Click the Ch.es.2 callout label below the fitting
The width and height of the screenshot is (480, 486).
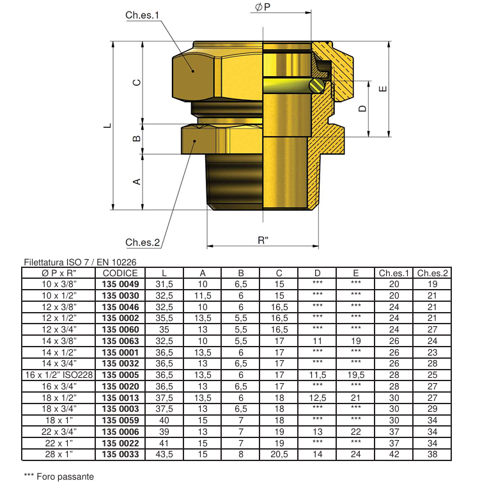pyautogui.click(x=141, y=242)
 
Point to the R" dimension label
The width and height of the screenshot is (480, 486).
pyautogui.click(x=263, y=240)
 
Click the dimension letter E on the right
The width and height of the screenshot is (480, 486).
pyautogui.click(x=382, y=89)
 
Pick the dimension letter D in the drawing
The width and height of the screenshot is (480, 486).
pyautogui.click(x=362, y=109)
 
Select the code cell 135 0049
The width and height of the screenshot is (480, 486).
pyautogui.click(x=120, y=283)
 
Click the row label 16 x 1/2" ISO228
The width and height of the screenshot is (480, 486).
pyautogui.click(x=59, y=374)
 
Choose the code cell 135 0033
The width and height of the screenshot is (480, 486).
pyautogui.click(x=120, y=455)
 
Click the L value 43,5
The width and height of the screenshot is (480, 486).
pyautogui.click(x=164, y=455)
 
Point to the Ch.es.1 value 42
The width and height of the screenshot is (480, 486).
pyautogui.click(x=394, y=455)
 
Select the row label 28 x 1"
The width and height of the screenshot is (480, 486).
pyautogui.click(x=59, y=455)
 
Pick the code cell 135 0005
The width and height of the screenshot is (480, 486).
pyautogui.click(x=120, y=374)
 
